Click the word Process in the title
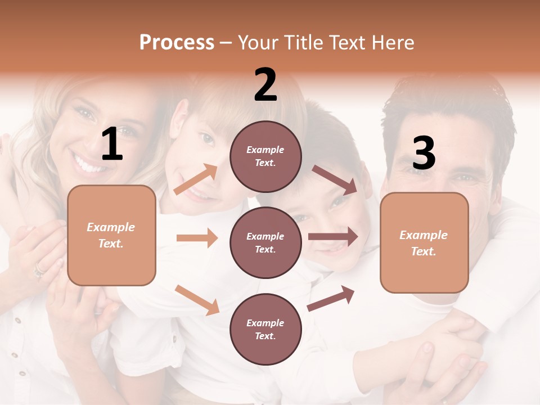click(177, 42)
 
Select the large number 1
click(112, 145)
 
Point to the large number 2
click(265, 85)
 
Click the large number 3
click(424, 153)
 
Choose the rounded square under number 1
click(111, 235)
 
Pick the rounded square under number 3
click(424, 243)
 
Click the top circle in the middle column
click(265, 156)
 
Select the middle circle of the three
click(265, 242)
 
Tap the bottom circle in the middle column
click(265, 329)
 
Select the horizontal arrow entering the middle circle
click(197, 238)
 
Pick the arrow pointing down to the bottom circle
click(197, 299)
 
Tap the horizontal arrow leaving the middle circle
click(333, 237)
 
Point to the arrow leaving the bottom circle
click(331, 299)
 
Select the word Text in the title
click(349, 42)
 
